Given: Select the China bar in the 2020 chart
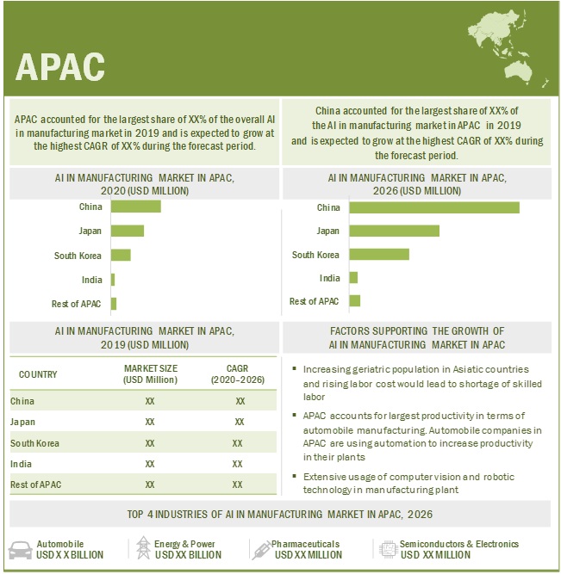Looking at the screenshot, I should pyautogui.click(x=136, y=207).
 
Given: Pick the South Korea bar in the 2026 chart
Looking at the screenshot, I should pyautogui.click(x=380, y=255).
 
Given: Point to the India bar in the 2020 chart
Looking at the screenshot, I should pyautogui.click(x=113, y=280).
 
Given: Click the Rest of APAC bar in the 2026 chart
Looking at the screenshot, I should pyautogui.click(x=355, y=300).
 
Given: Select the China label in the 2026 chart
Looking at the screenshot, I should pyautogui.click(x=328, y=207).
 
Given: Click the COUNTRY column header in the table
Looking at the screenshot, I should pyautogui.click(x=38, y=374).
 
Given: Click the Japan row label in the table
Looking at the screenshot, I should pyautogui.click(x=23, y=422).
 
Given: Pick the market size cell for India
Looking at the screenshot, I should pyautogui.click(x=150, y=464).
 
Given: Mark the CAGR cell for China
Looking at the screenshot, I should pyautogui.click(x=240, y=401).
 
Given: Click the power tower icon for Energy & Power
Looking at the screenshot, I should pyautogui.click(x=143, y=548).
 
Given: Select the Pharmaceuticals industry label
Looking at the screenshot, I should pyautogui.click(x=307, y=544).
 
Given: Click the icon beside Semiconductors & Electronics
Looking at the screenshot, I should pyautogui.click(x=384, y=548).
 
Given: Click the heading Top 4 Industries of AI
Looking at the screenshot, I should pyautogui.click(x=281, y=515).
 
